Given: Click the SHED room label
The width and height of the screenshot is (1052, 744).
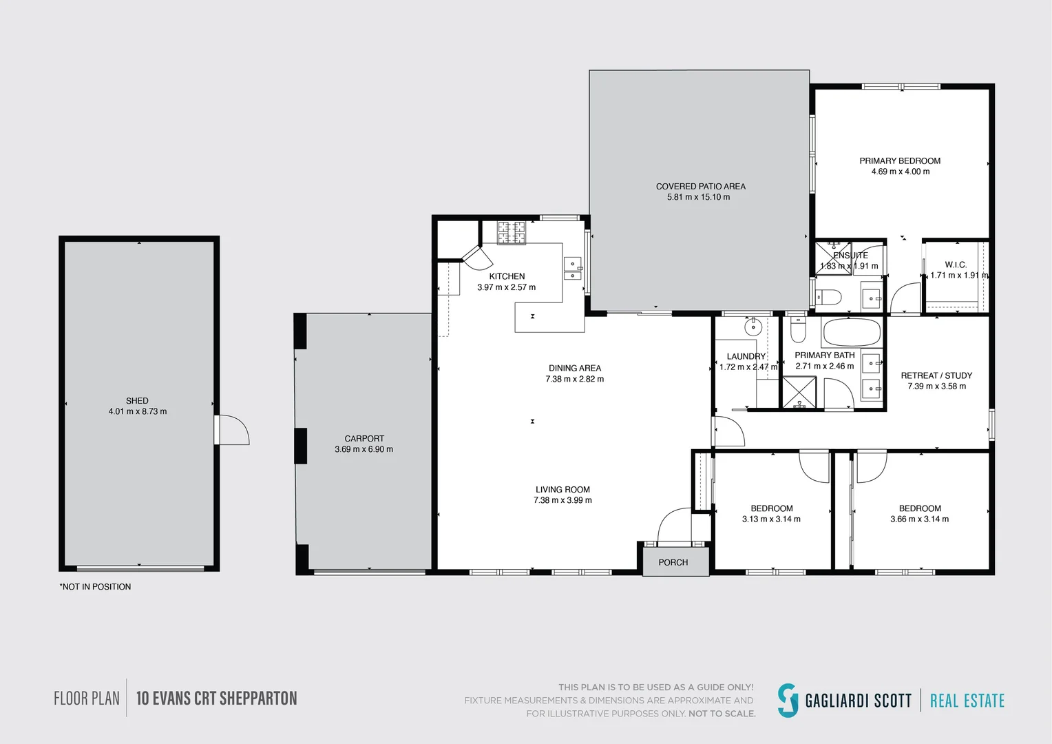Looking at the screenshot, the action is [x=137, y=400].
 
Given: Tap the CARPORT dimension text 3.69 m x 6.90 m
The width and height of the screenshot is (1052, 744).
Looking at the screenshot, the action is [x=364, y=449].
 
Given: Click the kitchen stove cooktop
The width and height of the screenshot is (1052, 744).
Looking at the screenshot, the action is [x=512, y=233].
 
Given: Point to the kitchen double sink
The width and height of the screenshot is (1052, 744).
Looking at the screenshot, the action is [x=573, y=269].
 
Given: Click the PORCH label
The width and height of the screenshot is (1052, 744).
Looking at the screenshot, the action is [x=673, y=562].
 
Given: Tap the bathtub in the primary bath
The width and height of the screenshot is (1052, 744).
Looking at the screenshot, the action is [x=852, y=332].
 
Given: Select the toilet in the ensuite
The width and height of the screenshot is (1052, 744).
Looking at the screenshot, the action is [x=828, y=297].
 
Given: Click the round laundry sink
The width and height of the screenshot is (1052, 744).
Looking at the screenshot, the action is [x=753, y=327].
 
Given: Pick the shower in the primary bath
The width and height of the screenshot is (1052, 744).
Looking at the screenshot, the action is [x=799, y=392].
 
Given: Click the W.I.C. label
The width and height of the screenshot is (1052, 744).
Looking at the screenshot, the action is [x=956, y=265].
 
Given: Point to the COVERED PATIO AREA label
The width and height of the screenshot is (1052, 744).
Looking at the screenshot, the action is [x=701, y=186].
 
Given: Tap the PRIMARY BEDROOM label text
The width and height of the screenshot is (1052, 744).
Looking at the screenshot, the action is [x=900, y=161].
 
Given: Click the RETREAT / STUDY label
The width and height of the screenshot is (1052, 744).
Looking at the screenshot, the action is [x=936, y=375].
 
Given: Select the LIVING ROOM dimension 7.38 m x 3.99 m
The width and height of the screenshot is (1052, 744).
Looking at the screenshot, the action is [x=562, y=500].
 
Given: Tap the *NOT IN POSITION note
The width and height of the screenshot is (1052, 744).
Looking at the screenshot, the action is [x=95, y=586].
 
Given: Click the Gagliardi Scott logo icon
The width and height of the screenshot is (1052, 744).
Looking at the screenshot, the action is [x=788, y=701].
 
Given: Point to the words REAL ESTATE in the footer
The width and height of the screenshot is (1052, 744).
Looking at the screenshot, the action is [x=967, y=701].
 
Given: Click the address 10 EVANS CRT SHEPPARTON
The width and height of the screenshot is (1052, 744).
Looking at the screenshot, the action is [x=216, y=699].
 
